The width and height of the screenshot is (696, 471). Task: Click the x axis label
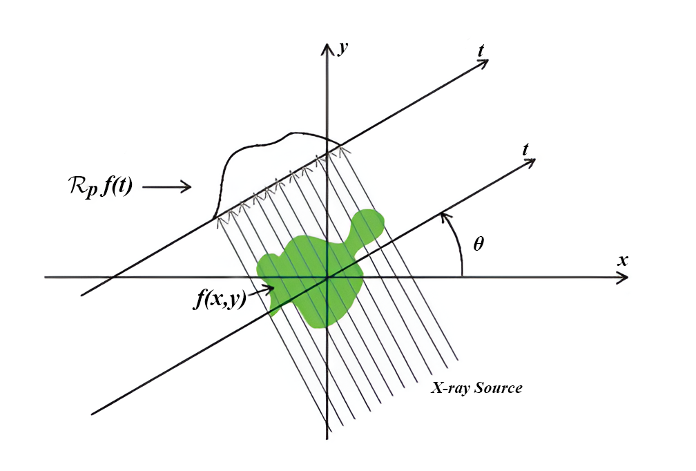point(622,260)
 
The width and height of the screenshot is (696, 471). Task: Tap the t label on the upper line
point(480,51)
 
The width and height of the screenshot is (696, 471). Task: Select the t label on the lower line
point(526,148)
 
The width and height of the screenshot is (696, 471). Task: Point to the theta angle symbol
point(478,244)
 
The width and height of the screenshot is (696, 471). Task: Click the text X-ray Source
point(476,388)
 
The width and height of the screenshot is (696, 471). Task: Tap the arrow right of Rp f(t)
point(169,186)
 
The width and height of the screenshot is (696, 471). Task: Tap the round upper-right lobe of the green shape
point(367,225)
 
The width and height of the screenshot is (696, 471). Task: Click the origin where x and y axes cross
point(326,278)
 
